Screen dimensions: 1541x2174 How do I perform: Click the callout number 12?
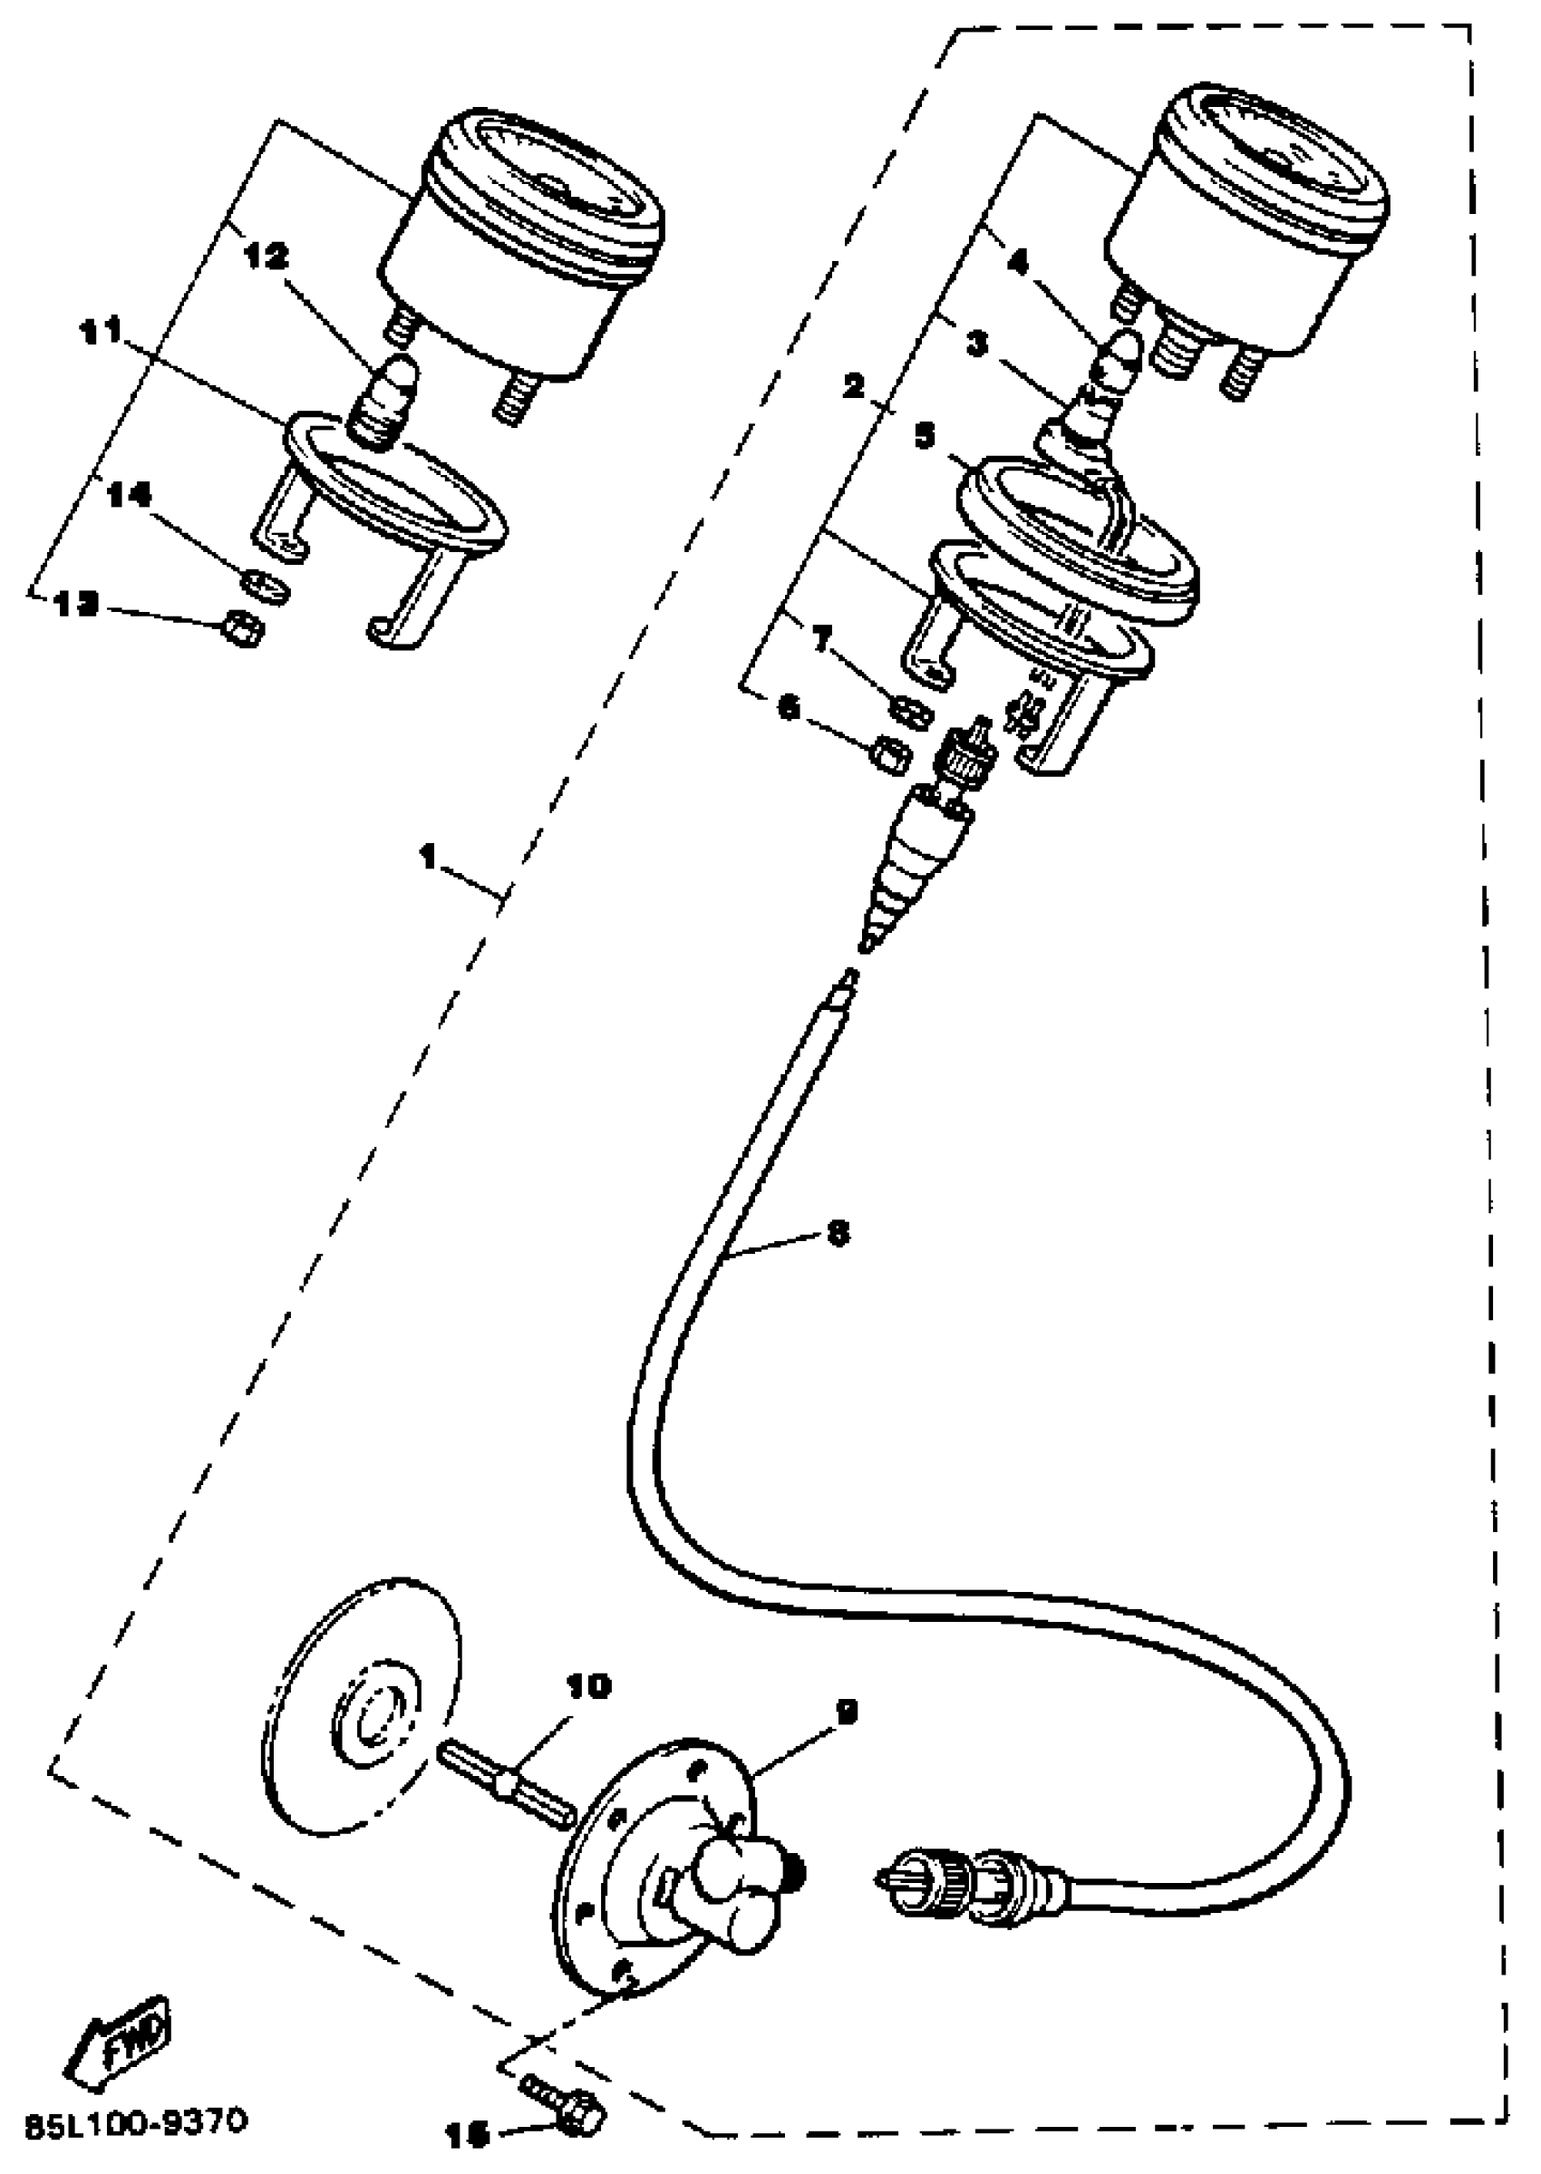268,257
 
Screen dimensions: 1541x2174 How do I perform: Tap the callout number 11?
100,331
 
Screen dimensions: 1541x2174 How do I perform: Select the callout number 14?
128,495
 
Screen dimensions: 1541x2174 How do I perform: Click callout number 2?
855,386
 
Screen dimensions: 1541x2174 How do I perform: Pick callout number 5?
925,438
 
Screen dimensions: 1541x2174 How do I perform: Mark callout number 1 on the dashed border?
429,857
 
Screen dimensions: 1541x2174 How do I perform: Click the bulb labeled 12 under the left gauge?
389,399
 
